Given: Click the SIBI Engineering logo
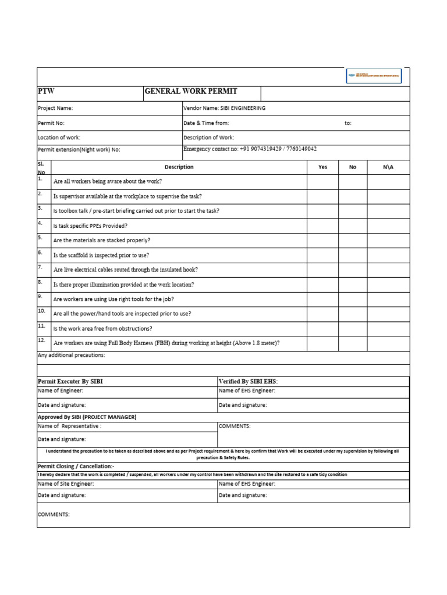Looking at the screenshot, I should (x=373, y=76).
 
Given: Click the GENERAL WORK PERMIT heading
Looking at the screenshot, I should (x=191, y=92).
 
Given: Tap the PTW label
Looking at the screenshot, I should (x=46, y=92).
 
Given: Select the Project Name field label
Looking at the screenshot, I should (x=55, y=108).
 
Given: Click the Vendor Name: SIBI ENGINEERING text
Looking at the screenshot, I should (x=224, y=108).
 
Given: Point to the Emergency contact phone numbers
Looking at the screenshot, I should (x=250, y=149).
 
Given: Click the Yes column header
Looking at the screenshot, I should (x=323, y=167).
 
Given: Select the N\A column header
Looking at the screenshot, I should (x=388, y=167).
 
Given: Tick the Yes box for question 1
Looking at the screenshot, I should (x=323, y=182).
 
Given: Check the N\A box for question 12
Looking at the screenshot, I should (x=388, y=343).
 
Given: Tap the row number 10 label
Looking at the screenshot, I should (x=41, y=311).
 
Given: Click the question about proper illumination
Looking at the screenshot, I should (x=123, y=285).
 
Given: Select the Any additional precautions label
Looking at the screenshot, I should (x=71, y=354).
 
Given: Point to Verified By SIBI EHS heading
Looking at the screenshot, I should (x=248, y=381).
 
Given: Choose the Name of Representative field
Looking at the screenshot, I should (x=69, y=426).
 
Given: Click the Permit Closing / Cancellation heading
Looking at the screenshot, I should (x=76, y=466).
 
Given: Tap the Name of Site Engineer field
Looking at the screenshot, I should (x=65, y=483).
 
